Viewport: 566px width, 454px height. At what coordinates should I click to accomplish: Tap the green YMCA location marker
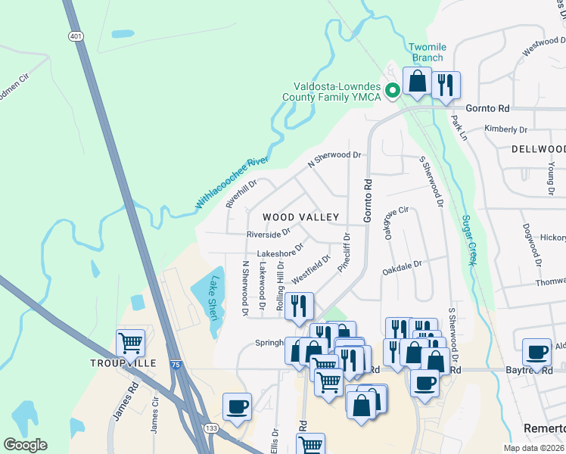[x=393, y=92]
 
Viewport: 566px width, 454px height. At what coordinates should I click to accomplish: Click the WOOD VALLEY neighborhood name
[x=300, y=217]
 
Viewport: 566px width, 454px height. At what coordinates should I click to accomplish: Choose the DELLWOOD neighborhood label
[x=538, y=149]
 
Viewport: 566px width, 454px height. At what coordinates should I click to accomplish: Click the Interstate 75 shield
[x=175, y=364]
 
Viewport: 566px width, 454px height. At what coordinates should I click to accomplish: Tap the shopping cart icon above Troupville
[x=130, y=343]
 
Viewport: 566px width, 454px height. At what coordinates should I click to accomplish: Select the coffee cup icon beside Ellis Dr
[x=238, y=406]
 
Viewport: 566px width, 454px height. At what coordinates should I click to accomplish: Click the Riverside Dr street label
[x=268, y=234]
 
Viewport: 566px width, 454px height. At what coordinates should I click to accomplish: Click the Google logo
[x=25, y=445]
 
